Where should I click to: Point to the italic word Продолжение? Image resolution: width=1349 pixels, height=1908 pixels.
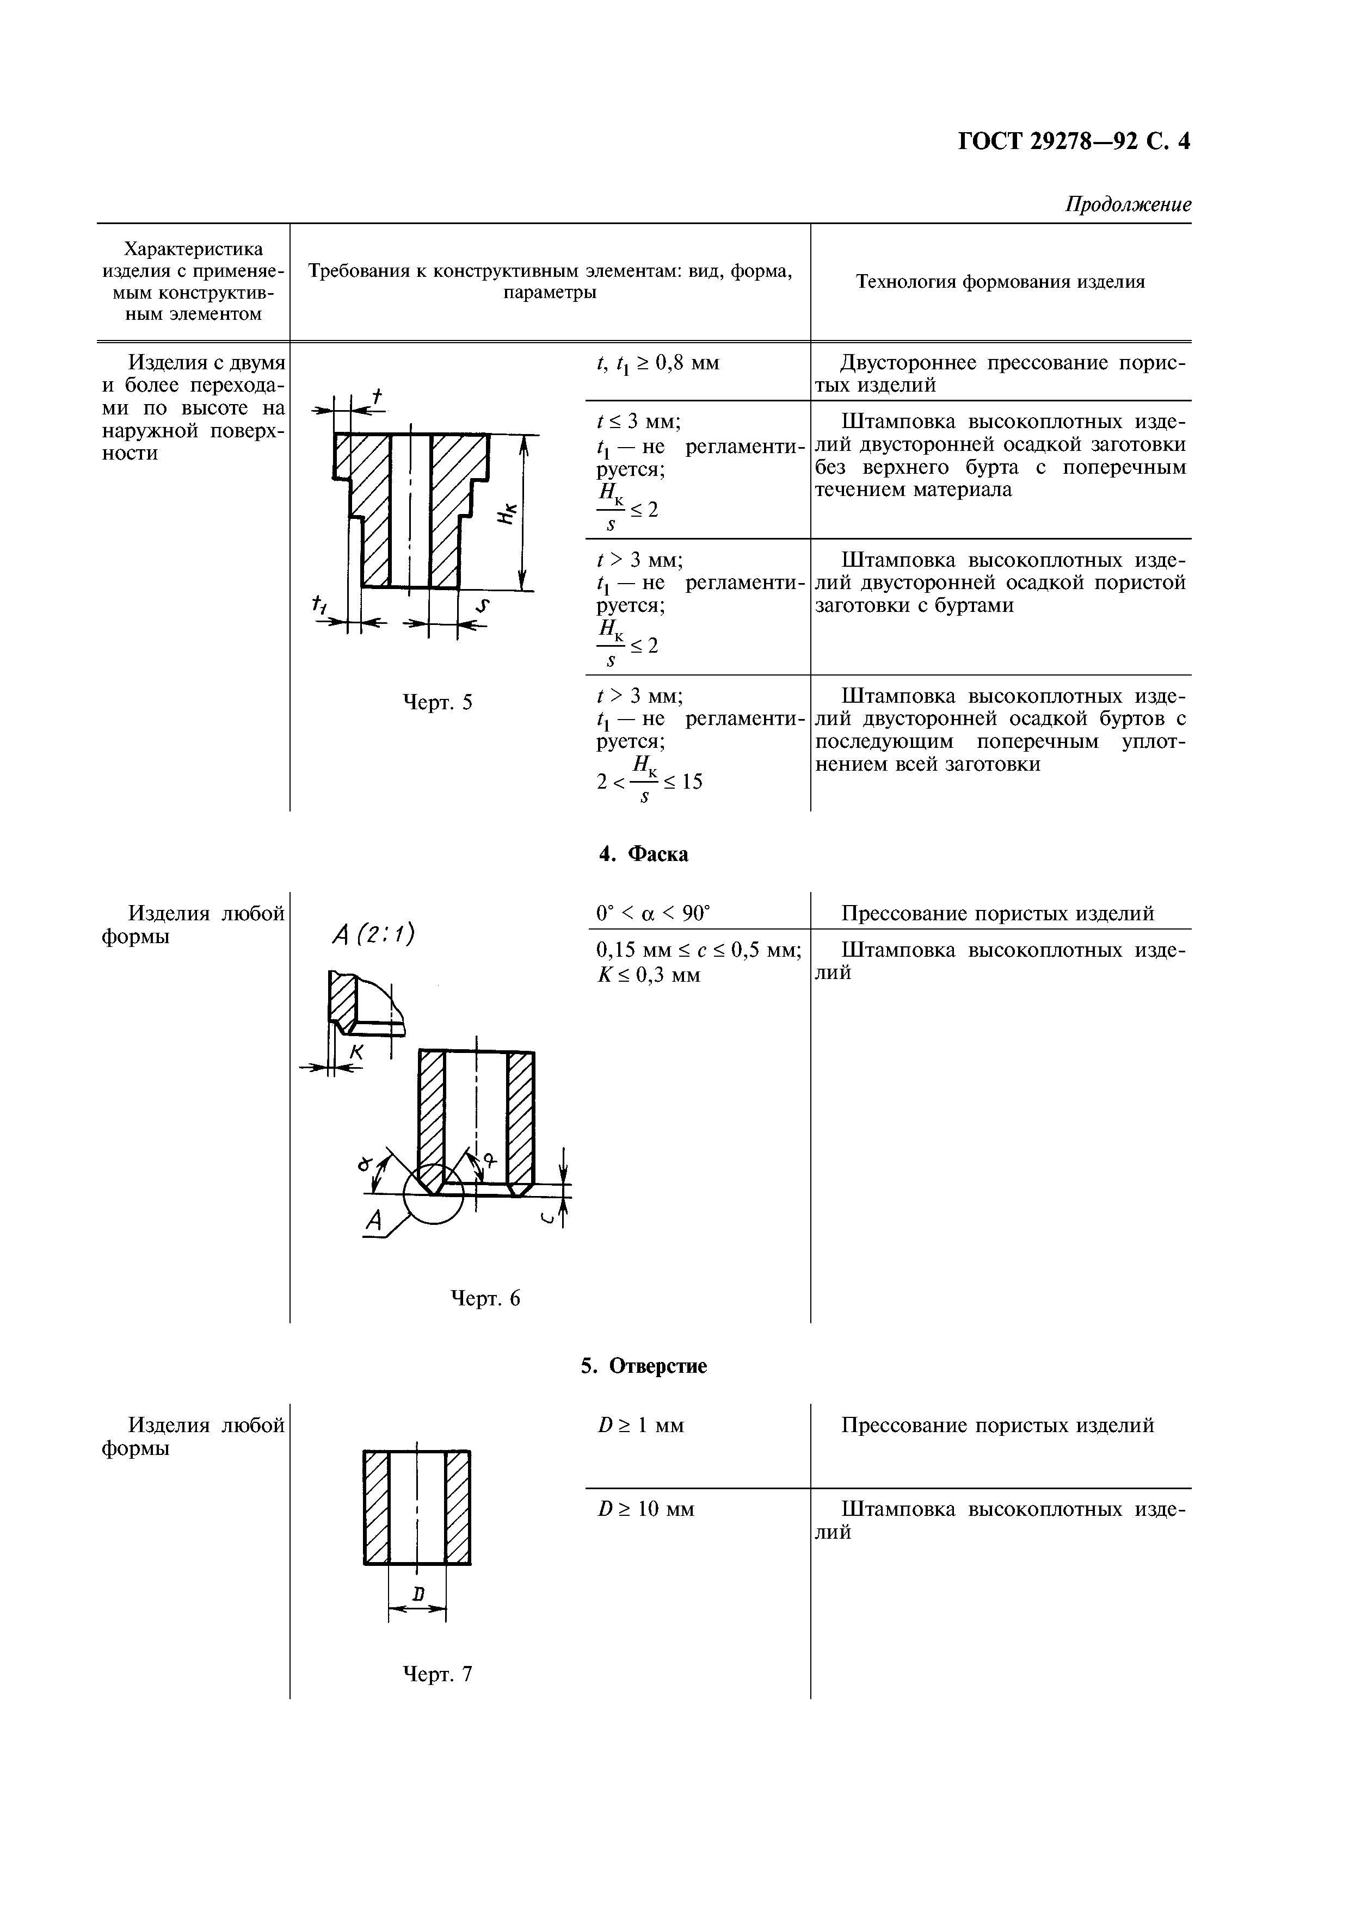click(x=1128, y=205)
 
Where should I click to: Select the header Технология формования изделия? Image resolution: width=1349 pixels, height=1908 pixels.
click(x=1000, y=282)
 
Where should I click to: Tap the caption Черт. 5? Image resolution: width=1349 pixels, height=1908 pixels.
click(x=437, y=703)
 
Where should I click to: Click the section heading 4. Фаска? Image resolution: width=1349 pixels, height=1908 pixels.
click(x=643, y=854)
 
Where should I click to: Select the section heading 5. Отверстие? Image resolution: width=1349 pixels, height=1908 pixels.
click(x=643, y=1366)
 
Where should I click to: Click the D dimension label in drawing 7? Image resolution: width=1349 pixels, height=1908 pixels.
click(x=418, y=1593)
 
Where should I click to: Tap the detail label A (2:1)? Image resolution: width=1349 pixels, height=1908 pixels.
click(x=372, y=936)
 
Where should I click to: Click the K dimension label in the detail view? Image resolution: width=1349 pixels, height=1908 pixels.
click(x=356, y=1052)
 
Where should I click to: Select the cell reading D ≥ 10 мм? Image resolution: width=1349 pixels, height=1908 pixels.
click(x=646, y=1508)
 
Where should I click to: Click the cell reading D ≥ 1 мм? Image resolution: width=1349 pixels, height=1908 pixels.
click(x=640, y=1425)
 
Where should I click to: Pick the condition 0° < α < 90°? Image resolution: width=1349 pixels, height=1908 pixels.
click(x=654, y=913)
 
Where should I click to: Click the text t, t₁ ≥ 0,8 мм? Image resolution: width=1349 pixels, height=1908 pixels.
click(x=657, y=363)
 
